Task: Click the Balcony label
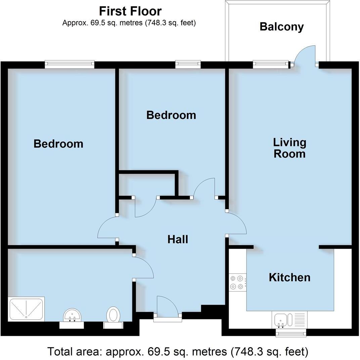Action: (x=281, y=27)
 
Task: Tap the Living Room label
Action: (x=289, y=148)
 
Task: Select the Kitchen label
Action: (x=289, y=277)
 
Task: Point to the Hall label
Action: (x=178, y=239)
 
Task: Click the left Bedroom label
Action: (x=58, y=144)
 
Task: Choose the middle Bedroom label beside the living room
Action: (x=171, y=115)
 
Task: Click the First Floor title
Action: (x=130, y=11)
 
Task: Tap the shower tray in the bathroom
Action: (x=26, y=309)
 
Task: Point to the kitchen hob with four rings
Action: (x=236, y=282)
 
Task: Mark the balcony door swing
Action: (x=305, y=55)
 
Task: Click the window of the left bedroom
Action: (x=70, y=64)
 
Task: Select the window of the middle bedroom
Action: (x=188, y=64)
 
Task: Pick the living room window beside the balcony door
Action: (x=271, y=64)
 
